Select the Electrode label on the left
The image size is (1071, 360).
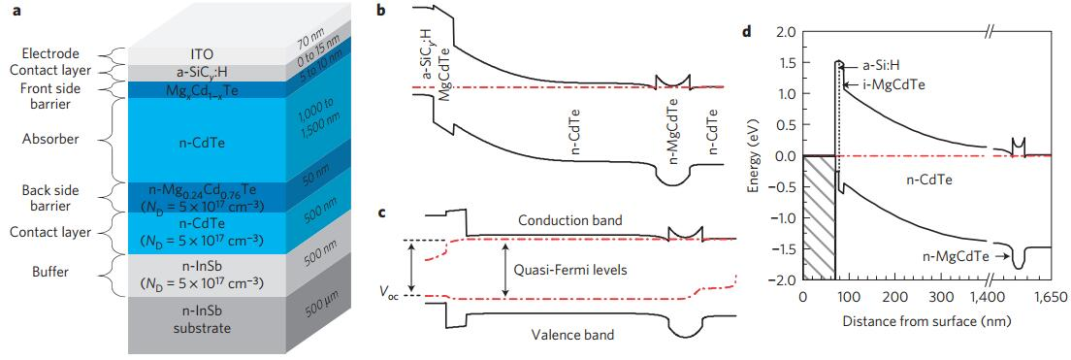[49, 53]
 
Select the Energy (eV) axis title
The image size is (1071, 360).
[762, 156]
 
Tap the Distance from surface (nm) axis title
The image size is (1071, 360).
[926, 319]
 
